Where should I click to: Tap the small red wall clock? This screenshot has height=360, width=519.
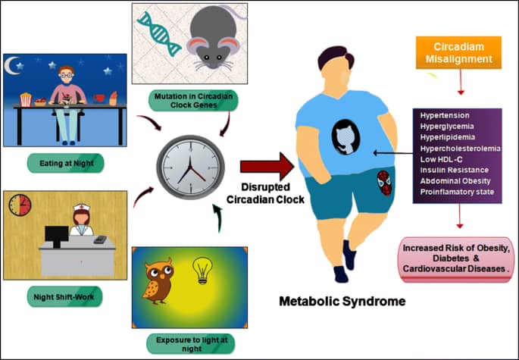[20, 205]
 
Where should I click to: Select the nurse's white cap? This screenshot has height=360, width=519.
[80, 207]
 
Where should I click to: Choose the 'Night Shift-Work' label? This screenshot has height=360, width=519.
[63, 296]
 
